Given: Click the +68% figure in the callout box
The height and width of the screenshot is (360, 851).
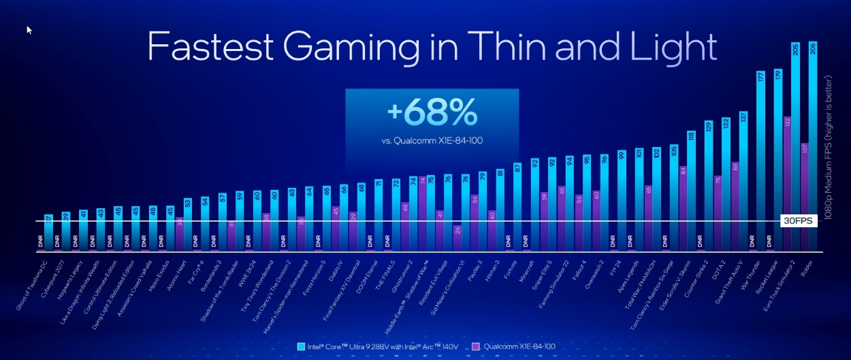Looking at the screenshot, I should point(432,113).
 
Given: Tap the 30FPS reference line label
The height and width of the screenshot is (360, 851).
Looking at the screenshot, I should point(797,221).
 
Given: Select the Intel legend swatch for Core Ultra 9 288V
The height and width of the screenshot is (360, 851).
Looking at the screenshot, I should point(301,346).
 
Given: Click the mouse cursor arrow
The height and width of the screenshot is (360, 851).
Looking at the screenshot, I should point(29,30).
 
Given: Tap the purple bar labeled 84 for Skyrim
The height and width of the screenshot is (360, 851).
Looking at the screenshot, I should point(683,208).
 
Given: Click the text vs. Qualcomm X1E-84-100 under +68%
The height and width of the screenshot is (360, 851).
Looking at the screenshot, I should point(432,141).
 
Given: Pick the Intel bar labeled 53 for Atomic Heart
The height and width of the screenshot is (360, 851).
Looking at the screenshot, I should point(187,225).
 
